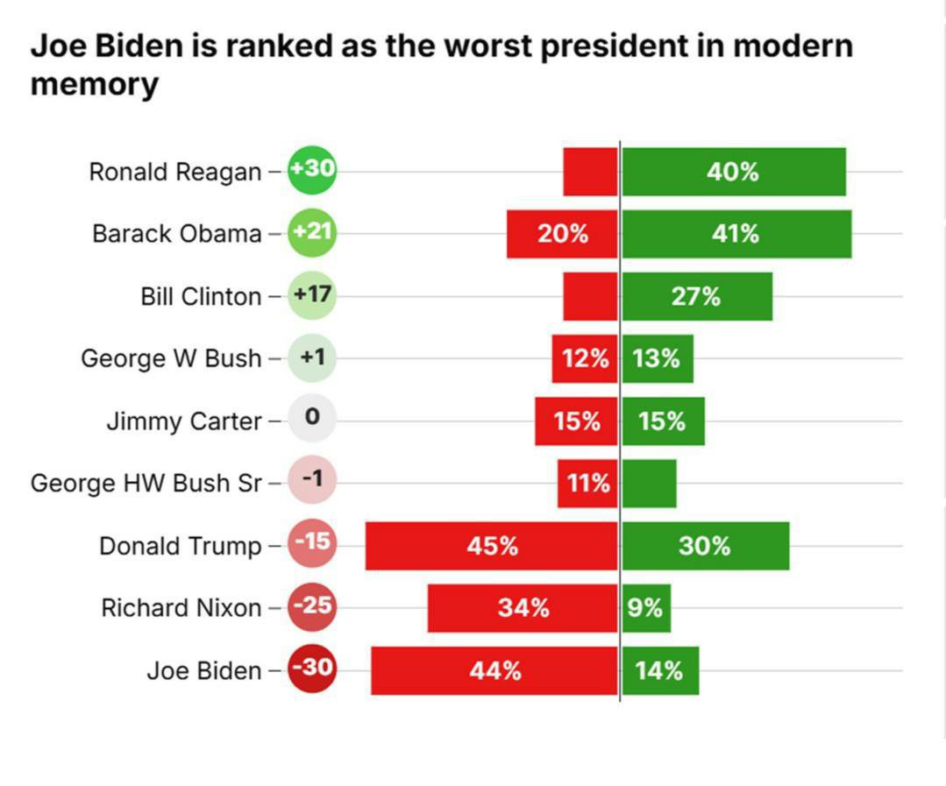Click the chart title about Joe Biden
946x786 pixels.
point(441,65)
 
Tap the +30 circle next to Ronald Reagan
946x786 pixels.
point(312,169)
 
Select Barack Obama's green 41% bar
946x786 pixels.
point(736,234)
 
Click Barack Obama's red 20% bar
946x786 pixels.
point(562,234)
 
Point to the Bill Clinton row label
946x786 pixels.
point(201,296)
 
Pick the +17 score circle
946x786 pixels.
point(312,294)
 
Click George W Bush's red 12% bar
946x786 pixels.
point(585,358)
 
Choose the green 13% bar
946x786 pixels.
point(658,358)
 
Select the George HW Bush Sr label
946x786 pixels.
point(146,484)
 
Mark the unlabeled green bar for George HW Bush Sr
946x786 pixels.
point(650,484)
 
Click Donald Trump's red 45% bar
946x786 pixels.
point(492,546)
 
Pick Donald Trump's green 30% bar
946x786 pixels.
point(706,546)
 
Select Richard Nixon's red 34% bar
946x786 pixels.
point(523,608)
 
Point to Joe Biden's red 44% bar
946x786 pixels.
point(494,671)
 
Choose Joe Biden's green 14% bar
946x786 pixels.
point(660,671)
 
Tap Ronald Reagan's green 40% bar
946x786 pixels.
point(734,172)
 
